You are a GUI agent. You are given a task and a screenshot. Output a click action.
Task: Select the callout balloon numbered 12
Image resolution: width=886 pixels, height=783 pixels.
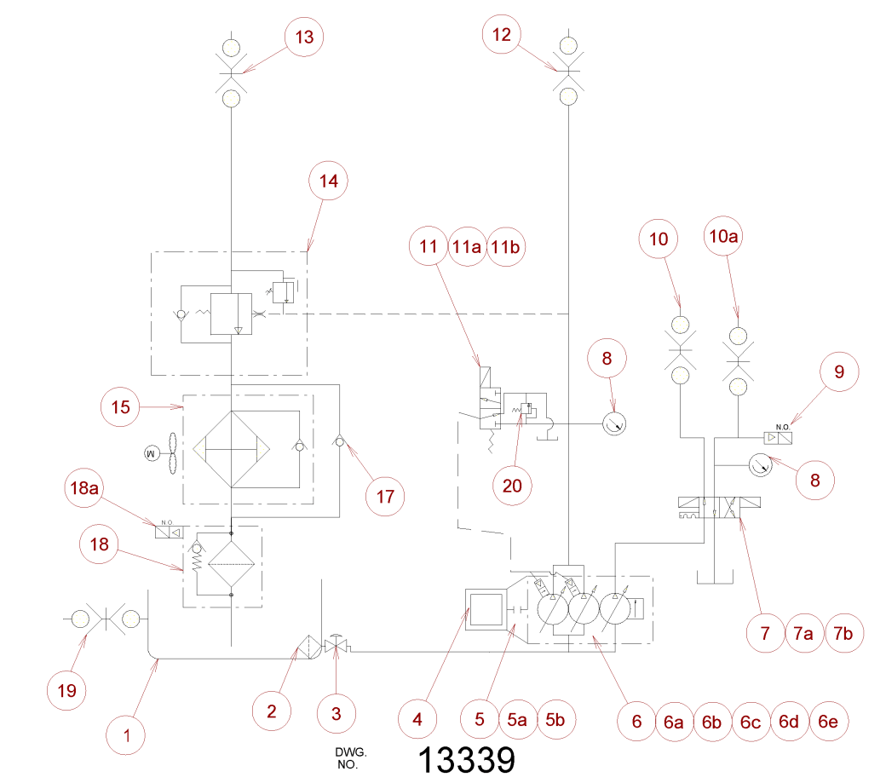coord(503,34)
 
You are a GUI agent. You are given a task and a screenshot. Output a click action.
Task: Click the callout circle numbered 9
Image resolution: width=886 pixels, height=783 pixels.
coord(838,371)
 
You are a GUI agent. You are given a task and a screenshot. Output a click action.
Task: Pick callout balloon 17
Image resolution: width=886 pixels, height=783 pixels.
coord(385,495)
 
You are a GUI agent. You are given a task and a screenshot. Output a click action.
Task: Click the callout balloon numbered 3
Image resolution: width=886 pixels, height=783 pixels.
coord(336,714)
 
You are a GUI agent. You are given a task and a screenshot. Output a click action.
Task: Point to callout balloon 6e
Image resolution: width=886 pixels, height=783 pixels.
coord(827,722)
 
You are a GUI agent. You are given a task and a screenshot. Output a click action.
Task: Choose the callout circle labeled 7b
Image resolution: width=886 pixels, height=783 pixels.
coord(847,633)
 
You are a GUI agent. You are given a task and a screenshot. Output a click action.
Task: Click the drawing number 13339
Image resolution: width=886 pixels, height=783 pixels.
coord(467,758)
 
